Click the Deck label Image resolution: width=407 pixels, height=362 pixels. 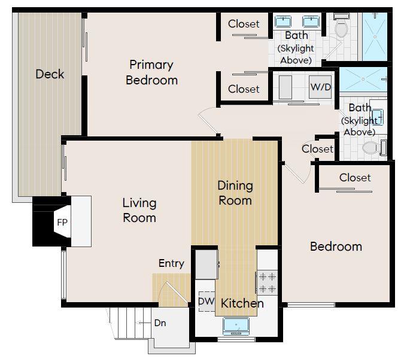[x=50, y=74]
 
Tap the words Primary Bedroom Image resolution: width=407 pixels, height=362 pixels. [x=151, y=72]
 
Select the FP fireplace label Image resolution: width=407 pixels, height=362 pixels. [x=62, y=222]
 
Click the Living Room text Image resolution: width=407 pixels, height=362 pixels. [x=139, y=210]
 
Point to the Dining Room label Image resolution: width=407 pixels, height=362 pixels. [x=235, y=193]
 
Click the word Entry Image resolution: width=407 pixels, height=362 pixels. [x=171, y=263]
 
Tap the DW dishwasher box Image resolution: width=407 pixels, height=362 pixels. [x=204, y=301]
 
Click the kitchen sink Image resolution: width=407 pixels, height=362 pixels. [x=236, y=325]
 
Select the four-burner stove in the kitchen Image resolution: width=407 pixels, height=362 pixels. [x=267, y=282]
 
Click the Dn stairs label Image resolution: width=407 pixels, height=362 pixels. [x=160, y=323]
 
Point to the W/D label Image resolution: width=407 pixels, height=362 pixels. [x=320, y=87]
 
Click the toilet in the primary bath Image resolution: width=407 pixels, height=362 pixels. [x=341, y=28]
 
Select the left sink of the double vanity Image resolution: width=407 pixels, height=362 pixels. [x=283, y=23]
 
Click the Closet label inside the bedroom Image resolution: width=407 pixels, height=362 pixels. [x=355, y=178]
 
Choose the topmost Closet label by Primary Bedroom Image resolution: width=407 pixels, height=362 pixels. [x=244, y=24]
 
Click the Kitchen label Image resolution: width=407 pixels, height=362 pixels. [x=242, y=303]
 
